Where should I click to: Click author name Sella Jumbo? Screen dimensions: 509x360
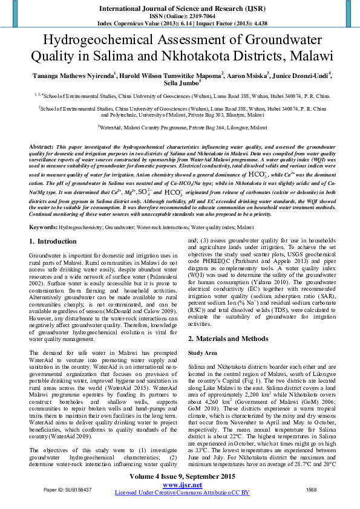click(180, 84)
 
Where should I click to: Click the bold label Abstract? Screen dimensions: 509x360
click(41, 147)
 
